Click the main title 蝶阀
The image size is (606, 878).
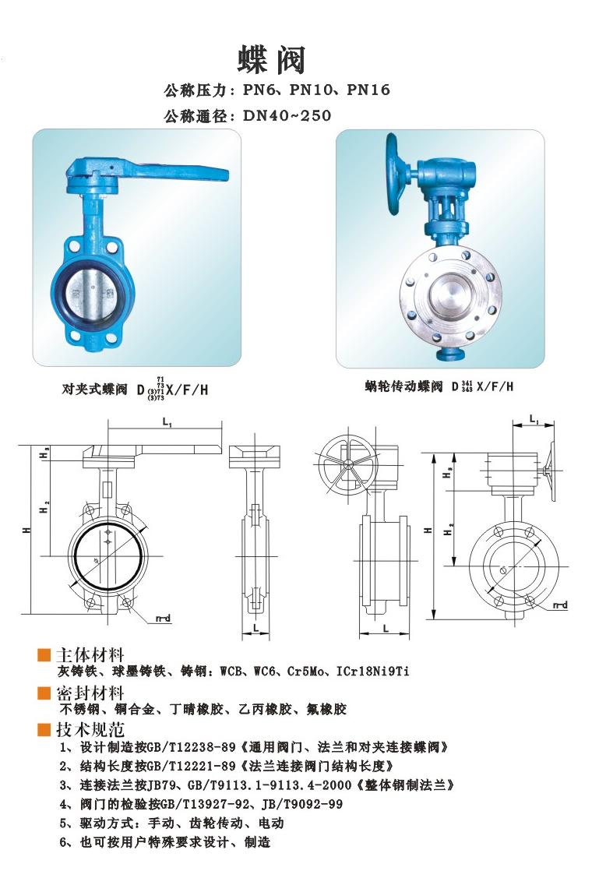click(x=272, y=60)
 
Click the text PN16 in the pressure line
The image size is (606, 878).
click(x=368, y=90)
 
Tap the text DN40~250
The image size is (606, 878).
click(x=287, y=116)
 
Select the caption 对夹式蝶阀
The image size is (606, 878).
click(x=94, y=390)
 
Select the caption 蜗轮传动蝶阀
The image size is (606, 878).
click(x=403, y=386)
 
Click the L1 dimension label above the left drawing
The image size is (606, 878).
click(x=167, y=421)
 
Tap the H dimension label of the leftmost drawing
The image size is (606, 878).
click(x=27, y=529)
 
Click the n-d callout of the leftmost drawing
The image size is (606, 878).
click(x=163, y=619)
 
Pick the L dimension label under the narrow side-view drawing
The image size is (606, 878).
click(x=256, y=628)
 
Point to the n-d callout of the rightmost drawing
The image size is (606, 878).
click(x=560, y=605)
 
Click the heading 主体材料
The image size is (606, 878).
click(x=90, y=655)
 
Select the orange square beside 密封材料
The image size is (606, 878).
click(x=44, y=693)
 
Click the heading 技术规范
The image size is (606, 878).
click(x=90, y=730)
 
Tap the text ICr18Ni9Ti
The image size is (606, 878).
click(x=372, y=671)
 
